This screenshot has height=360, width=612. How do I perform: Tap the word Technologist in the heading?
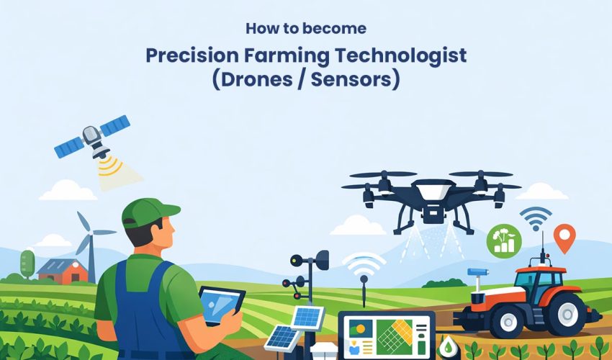pos(392,55)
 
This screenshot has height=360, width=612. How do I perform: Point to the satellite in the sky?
pos(92,136)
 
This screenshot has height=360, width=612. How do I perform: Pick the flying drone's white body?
pos(431,191)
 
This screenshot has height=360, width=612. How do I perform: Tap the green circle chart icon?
pos(504,240)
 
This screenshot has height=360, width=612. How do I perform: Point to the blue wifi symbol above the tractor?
pos(536,216)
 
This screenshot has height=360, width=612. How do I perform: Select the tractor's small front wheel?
pos(482,320)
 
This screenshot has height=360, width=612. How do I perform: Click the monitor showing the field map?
pos(387,335)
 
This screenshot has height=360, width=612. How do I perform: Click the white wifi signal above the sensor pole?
pos(364,266)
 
